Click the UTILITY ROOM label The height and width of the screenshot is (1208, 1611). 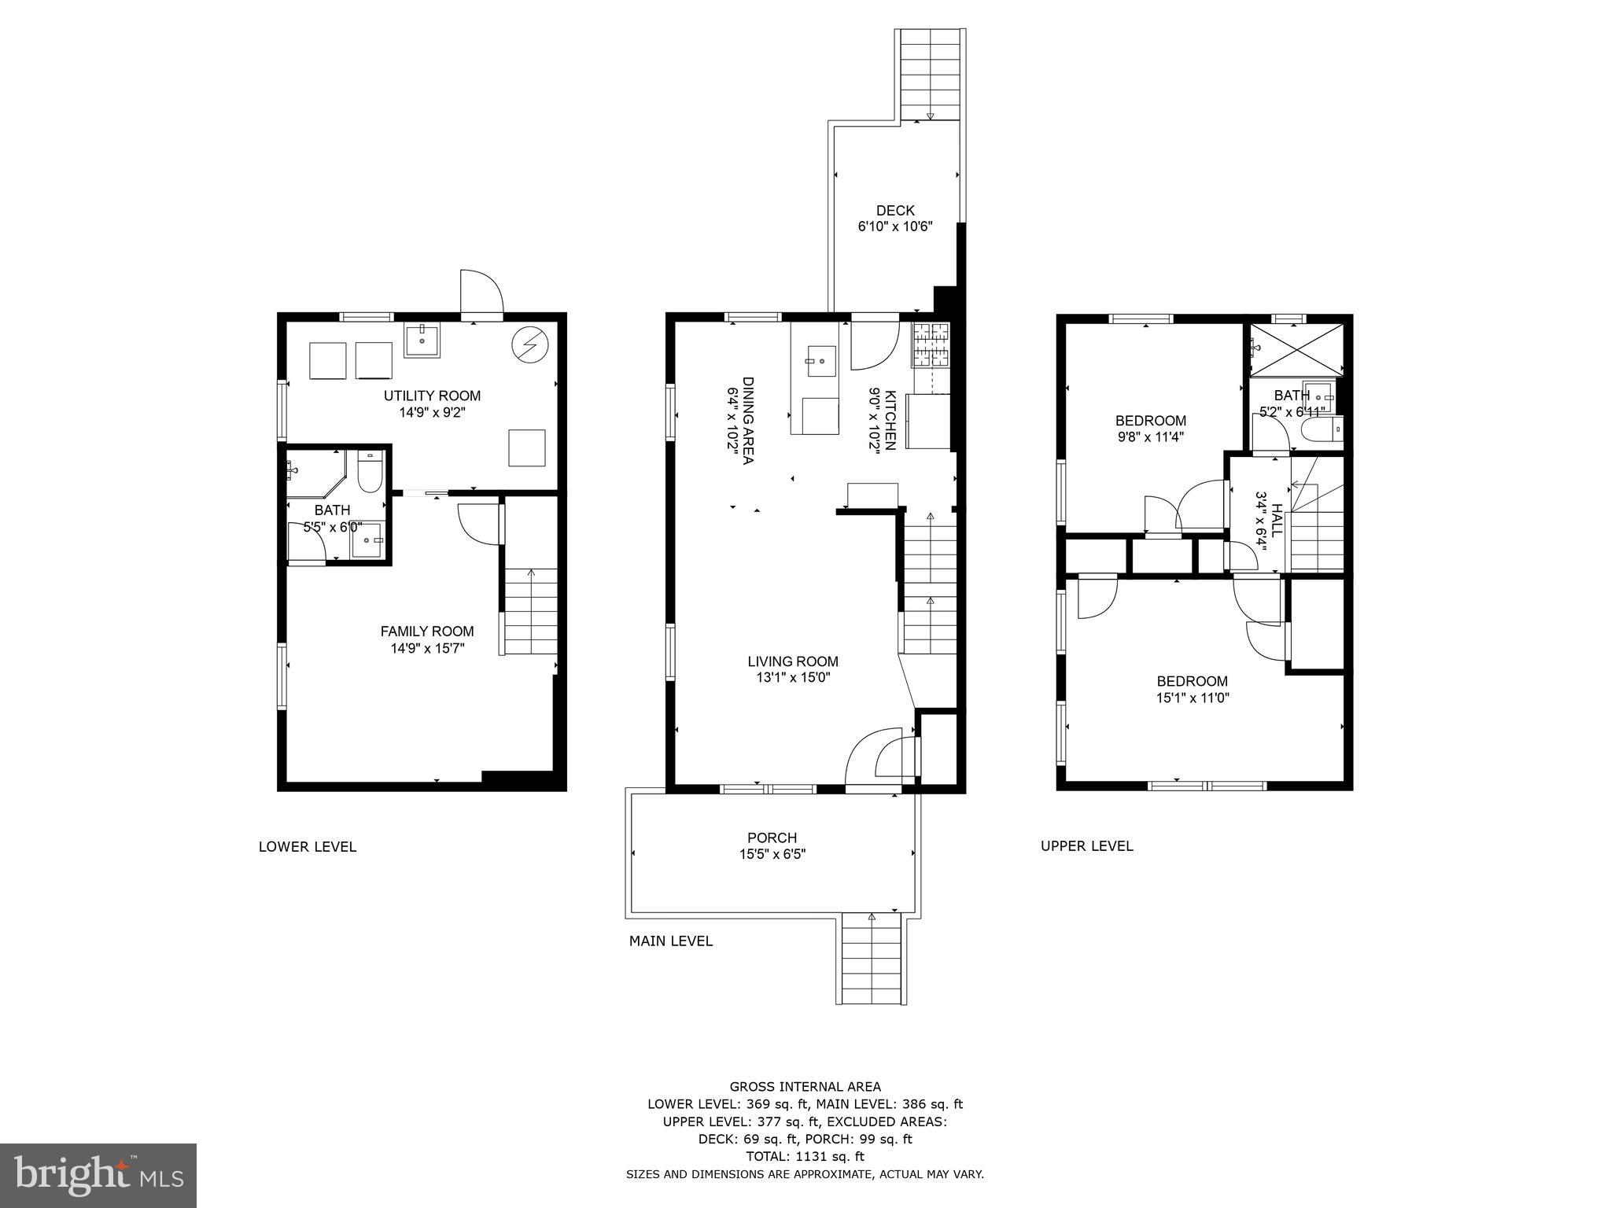click(431, 396)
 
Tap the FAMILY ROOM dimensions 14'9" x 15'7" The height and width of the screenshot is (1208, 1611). click(427, 649)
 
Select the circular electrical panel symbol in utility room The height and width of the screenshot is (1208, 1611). click(528, 344)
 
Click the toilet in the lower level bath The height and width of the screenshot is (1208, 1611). click(369, 470)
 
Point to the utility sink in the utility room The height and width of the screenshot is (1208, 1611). click(422, 339)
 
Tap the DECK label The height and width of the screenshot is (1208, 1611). click(895, 210)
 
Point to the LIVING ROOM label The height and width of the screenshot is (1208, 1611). click(792, 661)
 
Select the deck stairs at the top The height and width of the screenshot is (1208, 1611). click(930, 75)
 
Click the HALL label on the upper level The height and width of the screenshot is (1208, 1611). click(1276, 520)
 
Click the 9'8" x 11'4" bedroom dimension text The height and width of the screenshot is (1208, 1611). click(1151, 436)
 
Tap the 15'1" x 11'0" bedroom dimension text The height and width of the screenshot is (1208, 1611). click(1192, 698)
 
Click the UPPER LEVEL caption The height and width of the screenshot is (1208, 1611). click(1086, 846)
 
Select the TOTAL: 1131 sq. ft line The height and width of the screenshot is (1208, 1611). click(805, 1156)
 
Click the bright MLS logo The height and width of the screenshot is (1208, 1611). click(98, 1175)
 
